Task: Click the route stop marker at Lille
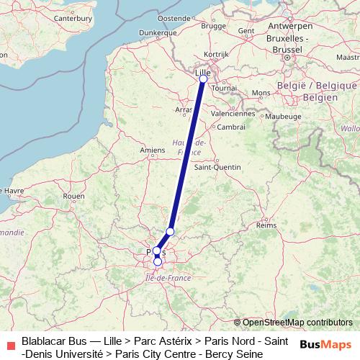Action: point(202,79)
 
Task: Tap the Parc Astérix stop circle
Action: point(170,231)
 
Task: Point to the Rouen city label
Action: point(74,195)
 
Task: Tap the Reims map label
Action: point(266,225)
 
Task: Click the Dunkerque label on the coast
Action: point(158,32)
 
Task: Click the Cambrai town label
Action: point(231,127)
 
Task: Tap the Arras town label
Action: point(184,109)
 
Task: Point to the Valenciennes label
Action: point(233,113)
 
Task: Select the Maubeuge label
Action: point(283,115)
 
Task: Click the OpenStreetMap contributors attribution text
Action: point(297,323)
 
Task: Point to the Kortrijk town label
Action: point(217,54)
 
